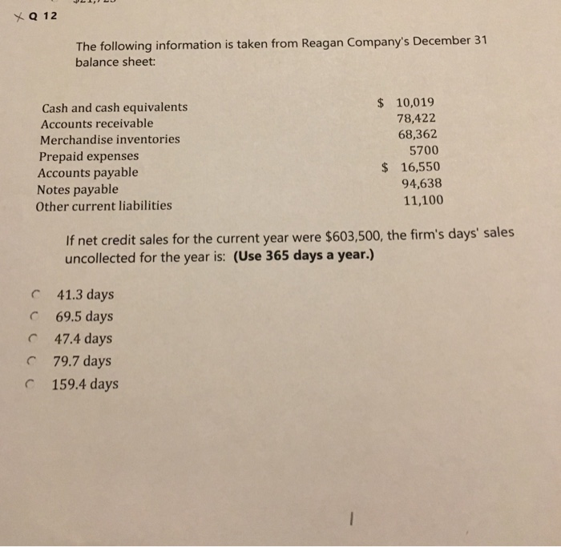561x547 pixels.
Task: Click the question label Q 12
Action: pos(37,17)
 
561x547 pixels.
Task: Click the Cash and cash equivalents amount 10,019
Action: pos(415,103)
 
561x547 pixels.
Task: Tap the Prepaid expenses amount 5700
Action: pos(424,151)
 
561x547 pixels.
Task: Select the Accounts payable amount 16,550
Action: pos(420,167)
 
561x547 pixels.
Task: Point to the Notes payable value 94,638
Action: pos(421,183)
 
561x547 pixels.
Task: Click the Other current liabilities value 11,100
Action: pos(422,200)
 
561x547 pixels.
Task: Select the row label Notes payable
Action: pos(77,189)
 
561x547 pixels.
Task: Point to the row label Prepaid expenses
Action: pos(88,156)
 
